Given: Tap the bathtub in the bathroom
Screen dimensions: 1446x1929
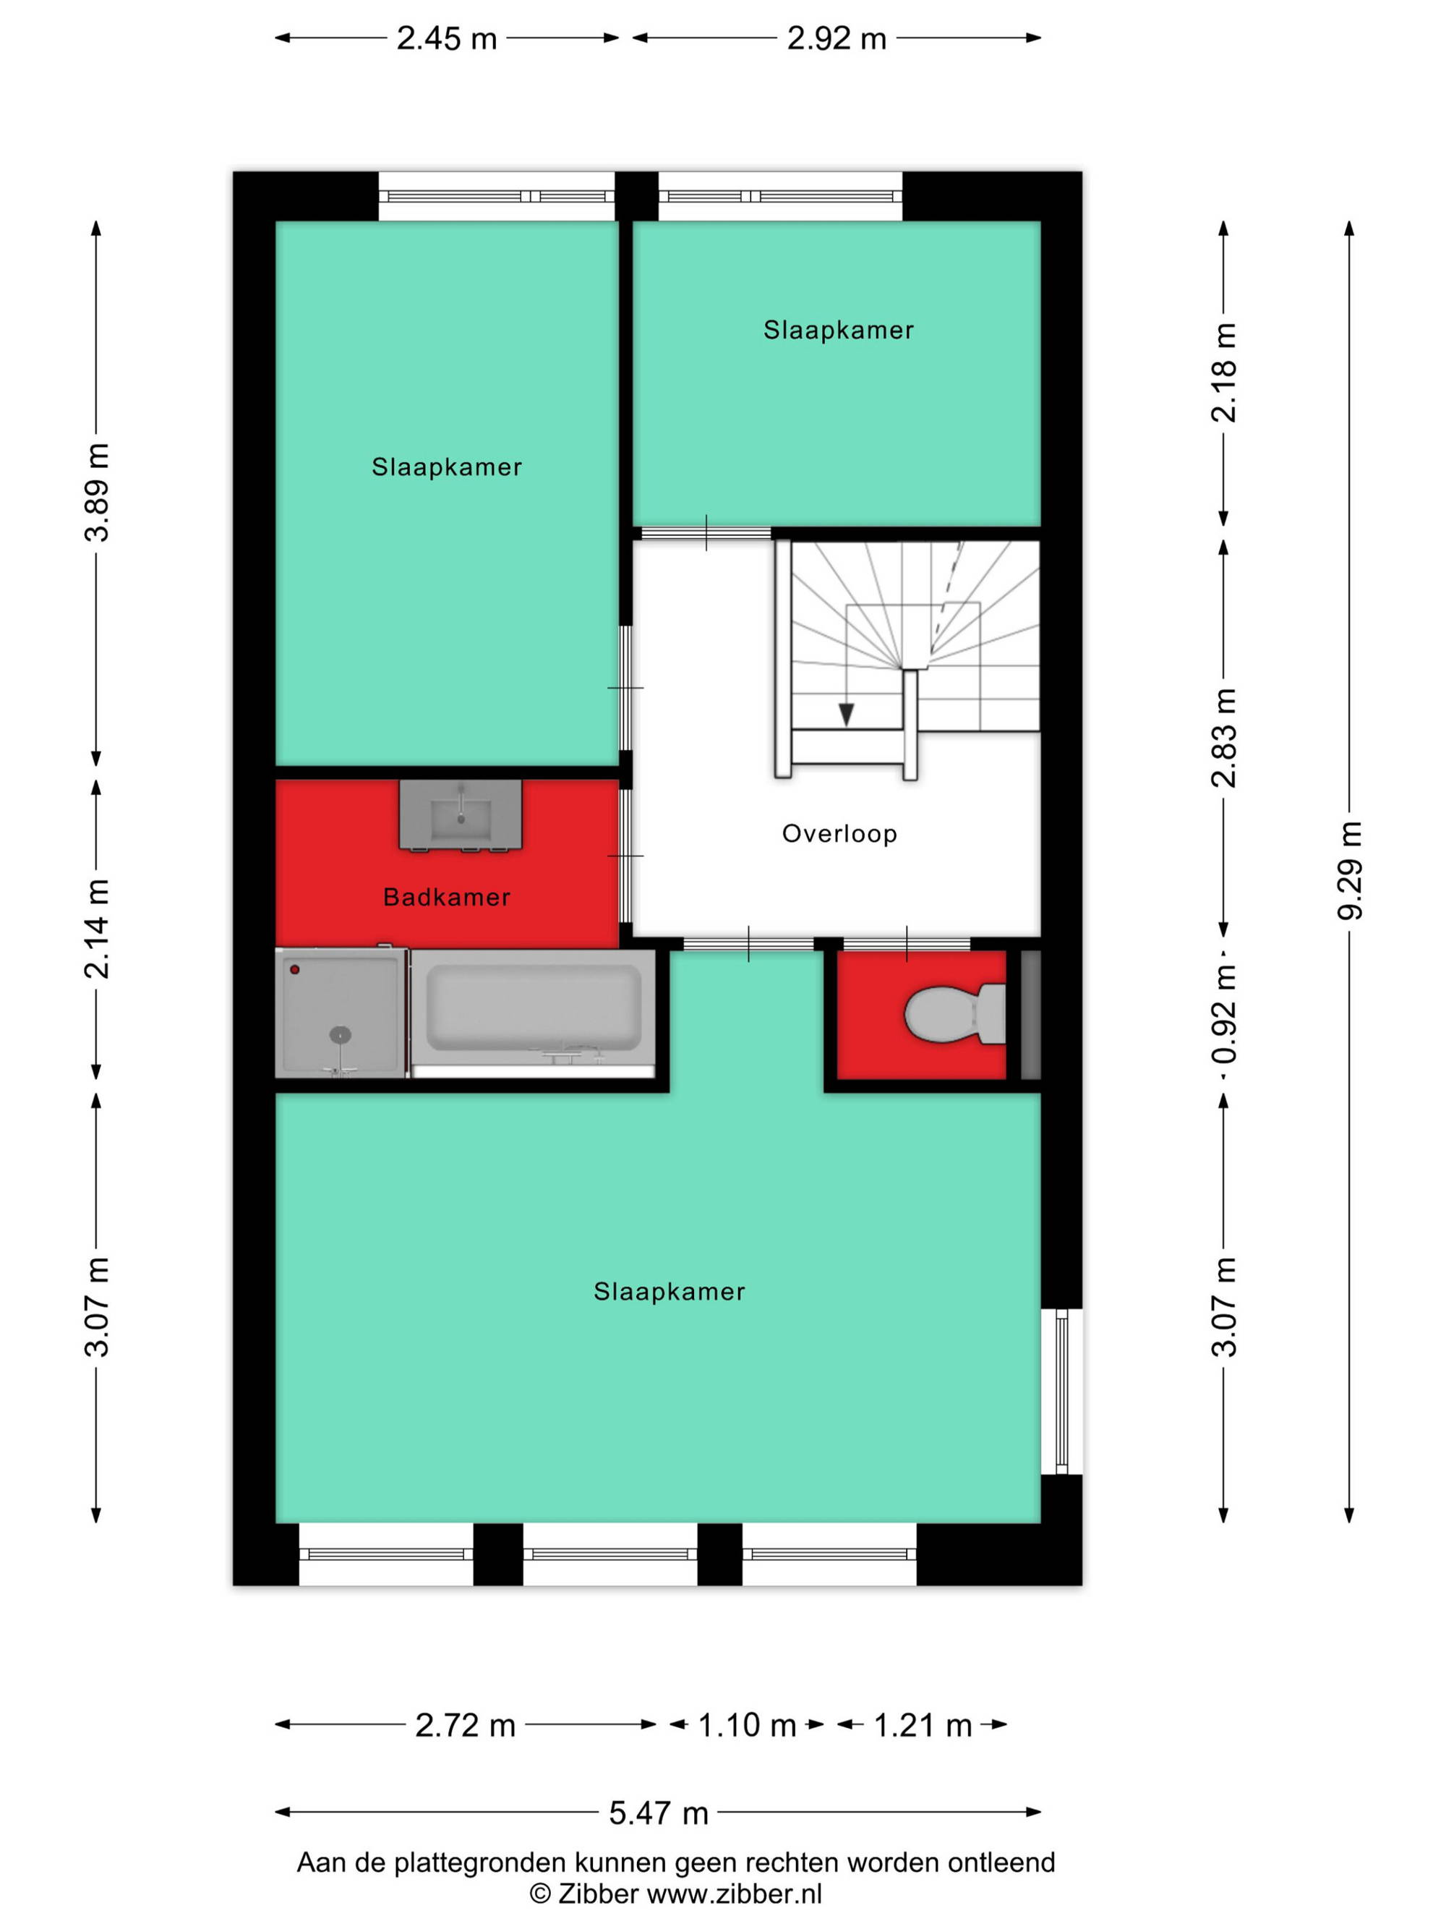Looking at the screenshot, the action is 533,1013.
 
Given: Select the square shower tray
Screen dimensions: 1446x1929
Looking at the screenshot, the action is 341,1013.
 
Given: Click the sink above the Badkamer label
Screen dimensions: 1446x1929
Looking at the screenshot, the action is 461,814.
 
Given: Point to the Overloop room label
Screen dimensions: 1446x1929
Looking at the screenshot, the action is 839,834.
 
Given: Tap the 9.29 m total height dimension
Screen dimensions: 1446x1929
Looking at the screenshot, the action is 1349,870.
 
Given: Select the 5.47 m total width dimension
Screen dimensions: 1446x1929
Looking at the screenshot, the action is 658,1813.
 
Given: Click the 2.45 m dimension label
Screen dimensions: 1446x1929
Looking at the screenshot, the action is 446,38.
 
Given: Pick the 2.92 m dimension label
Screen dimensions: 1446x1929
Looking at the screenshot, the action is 837,38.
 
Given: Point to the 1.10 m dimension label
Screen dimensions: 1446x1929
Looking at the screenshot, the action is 747,1725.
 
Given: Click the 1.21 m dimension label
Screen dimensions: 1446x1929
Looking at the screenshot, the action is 922,1725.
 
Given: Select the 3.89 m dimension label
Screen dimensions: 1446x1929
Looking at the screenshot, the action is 97,493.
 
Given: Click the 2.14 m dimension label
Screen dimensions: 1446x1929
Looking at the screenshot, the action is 97,929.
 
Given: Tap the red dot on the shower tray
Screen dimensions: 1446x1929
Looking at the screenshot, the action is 296,969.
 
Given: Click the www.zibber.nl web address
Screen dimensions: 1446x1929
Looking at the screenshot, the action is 734,1894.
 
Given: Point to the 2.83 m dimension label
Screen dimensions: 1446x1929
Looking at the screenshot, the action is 1224,738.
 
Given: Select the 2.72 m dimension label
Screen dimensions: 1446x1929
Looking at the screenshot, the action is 466,1725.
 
